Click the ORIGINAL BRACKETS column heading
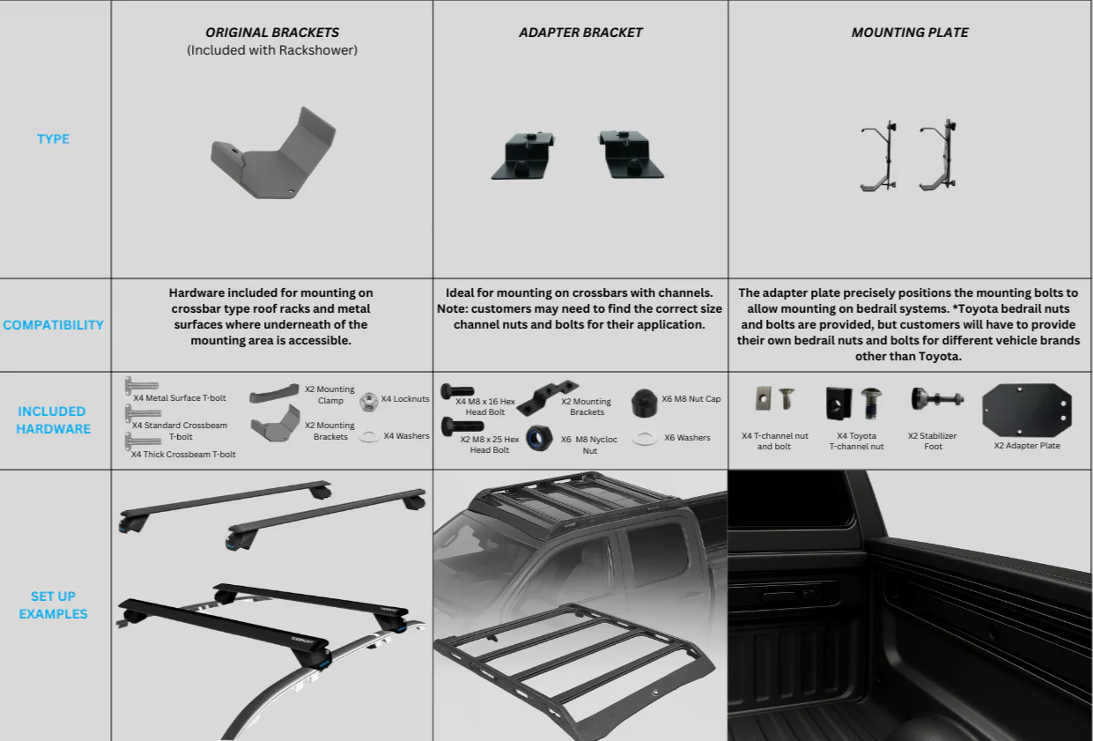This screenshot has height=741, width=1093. click(271, 33)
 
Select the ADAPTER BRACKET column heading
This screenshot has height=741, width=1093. click(580, 33)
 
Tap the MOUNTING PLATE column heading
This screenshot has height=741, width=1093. click(910, 33)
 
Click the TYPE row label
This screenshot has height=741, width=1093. click(53, 139)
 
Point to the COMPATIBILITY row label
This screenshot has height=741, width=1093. click(53, 325)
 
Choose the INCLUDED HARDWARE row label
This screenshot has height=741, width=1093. click(54, 420)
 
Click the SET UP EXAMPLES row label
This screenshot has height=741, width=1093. click(53, 605)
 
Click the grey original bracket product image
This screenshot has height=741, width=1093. click(273, 153)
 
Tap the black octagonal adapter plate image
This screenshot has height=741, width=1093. click(1027, 410)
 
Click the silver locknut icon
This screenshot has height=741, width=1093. click(369, 402)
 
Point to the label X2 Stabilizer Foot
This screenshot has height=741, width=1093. click(933, 441)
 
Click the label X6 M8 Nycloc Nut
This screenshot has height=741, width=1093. click(589, 445)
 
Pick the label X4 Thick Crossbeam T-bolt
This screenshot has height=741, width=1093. click(183, 455)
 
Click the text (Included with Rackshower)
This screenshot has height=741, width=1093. click(271, 50)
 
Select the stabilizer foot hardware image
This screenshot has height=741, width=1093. click(935, 400)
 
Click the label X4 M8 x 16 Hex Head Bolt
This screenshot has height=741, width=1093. click(485, 407)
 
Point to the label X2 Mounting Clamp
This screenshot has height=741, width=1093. click(329, 395)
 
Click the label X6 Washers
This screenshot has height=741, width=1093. click(687, 438)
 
